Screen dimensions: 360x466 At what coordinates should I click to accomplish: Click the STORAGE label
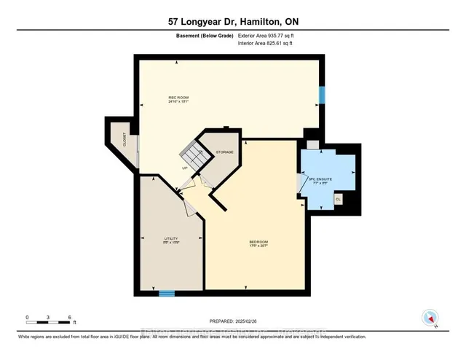pos(224,152)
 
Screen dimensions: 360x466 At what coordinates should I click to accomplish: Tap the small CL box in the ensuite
pos(339,198)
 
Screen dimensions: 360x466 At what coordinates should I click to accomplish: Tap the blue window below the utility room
pos(167,294)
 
